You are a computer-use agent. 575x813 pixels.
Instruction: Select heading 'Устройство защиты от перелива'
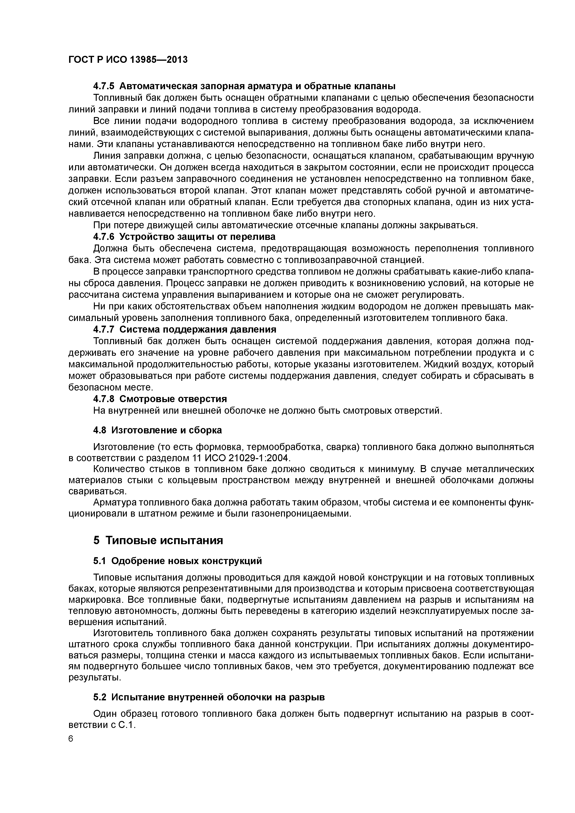pos(197,236)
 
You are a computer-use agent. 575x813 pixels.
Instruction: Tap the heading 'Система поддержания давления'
pos(198,329)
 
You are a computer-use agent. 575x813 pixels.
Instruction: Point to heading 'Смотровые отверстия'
pos(173,399)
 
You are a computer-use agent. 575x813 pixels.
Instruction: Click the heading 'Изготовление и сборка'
pos(166,430)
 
